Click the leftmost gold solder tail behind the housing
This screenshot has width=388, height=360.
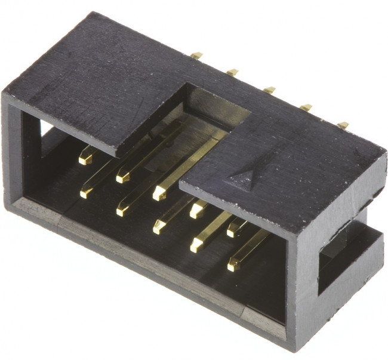click(196, 56)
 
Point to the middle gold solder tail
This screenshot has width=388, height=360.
click(269, 90)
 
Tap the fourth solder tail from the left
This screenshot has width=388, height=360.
click(306, 108)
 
